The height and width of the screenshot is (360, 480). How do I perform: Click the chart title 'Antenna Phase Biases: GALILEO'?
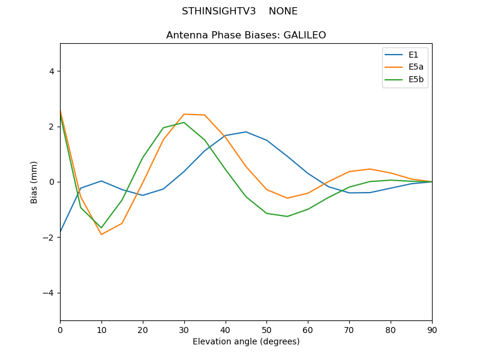click(x=246, y=35)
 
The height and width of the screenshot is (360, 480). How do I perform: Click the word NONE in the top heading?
click(x=283, y=11)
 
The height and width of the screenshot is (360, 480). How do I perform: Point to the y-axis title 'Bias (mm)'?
click(x=34, y=182)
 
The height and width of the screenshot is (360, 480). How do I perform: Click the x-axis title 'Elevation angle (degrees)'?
click(x=246, y=341)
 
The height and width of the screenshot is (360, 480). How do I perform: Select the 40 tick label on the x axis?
click(x=226, y=330)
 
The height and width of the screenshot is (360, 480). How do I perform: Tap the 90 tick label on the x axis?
click(x=432, y=330)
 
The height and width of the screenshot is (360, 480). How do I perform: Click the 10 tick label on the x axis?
click(x=101, y=330)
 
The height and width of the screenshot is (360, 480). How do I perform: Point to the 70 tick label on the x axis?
click(x=349, y=330)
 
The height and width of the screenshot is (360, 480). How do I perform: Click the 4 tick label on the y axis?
click(x=51, y=71)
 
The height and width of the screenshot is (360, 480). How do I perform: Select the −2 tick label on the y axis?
click(x=49, y=238)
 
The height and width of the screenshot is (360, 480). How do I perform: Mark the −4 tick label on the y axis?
click(x=49, y=293)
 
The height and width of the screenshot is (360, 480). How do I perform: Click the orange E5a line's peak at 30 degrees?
click(x=184, y=114)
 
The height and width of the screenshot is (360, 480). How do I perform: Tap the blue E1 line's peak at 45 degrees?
click(x=246, y=132)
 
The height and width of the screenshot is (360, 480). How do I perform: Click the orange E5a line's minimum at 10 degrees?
click(x=101, y=235)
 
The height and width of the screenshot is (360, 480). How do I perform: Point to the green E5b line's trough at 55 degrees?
click(x=287, y=217)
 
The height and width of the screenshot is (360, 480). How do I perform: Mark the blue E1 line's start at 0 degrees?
click(x=61, y=232)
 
